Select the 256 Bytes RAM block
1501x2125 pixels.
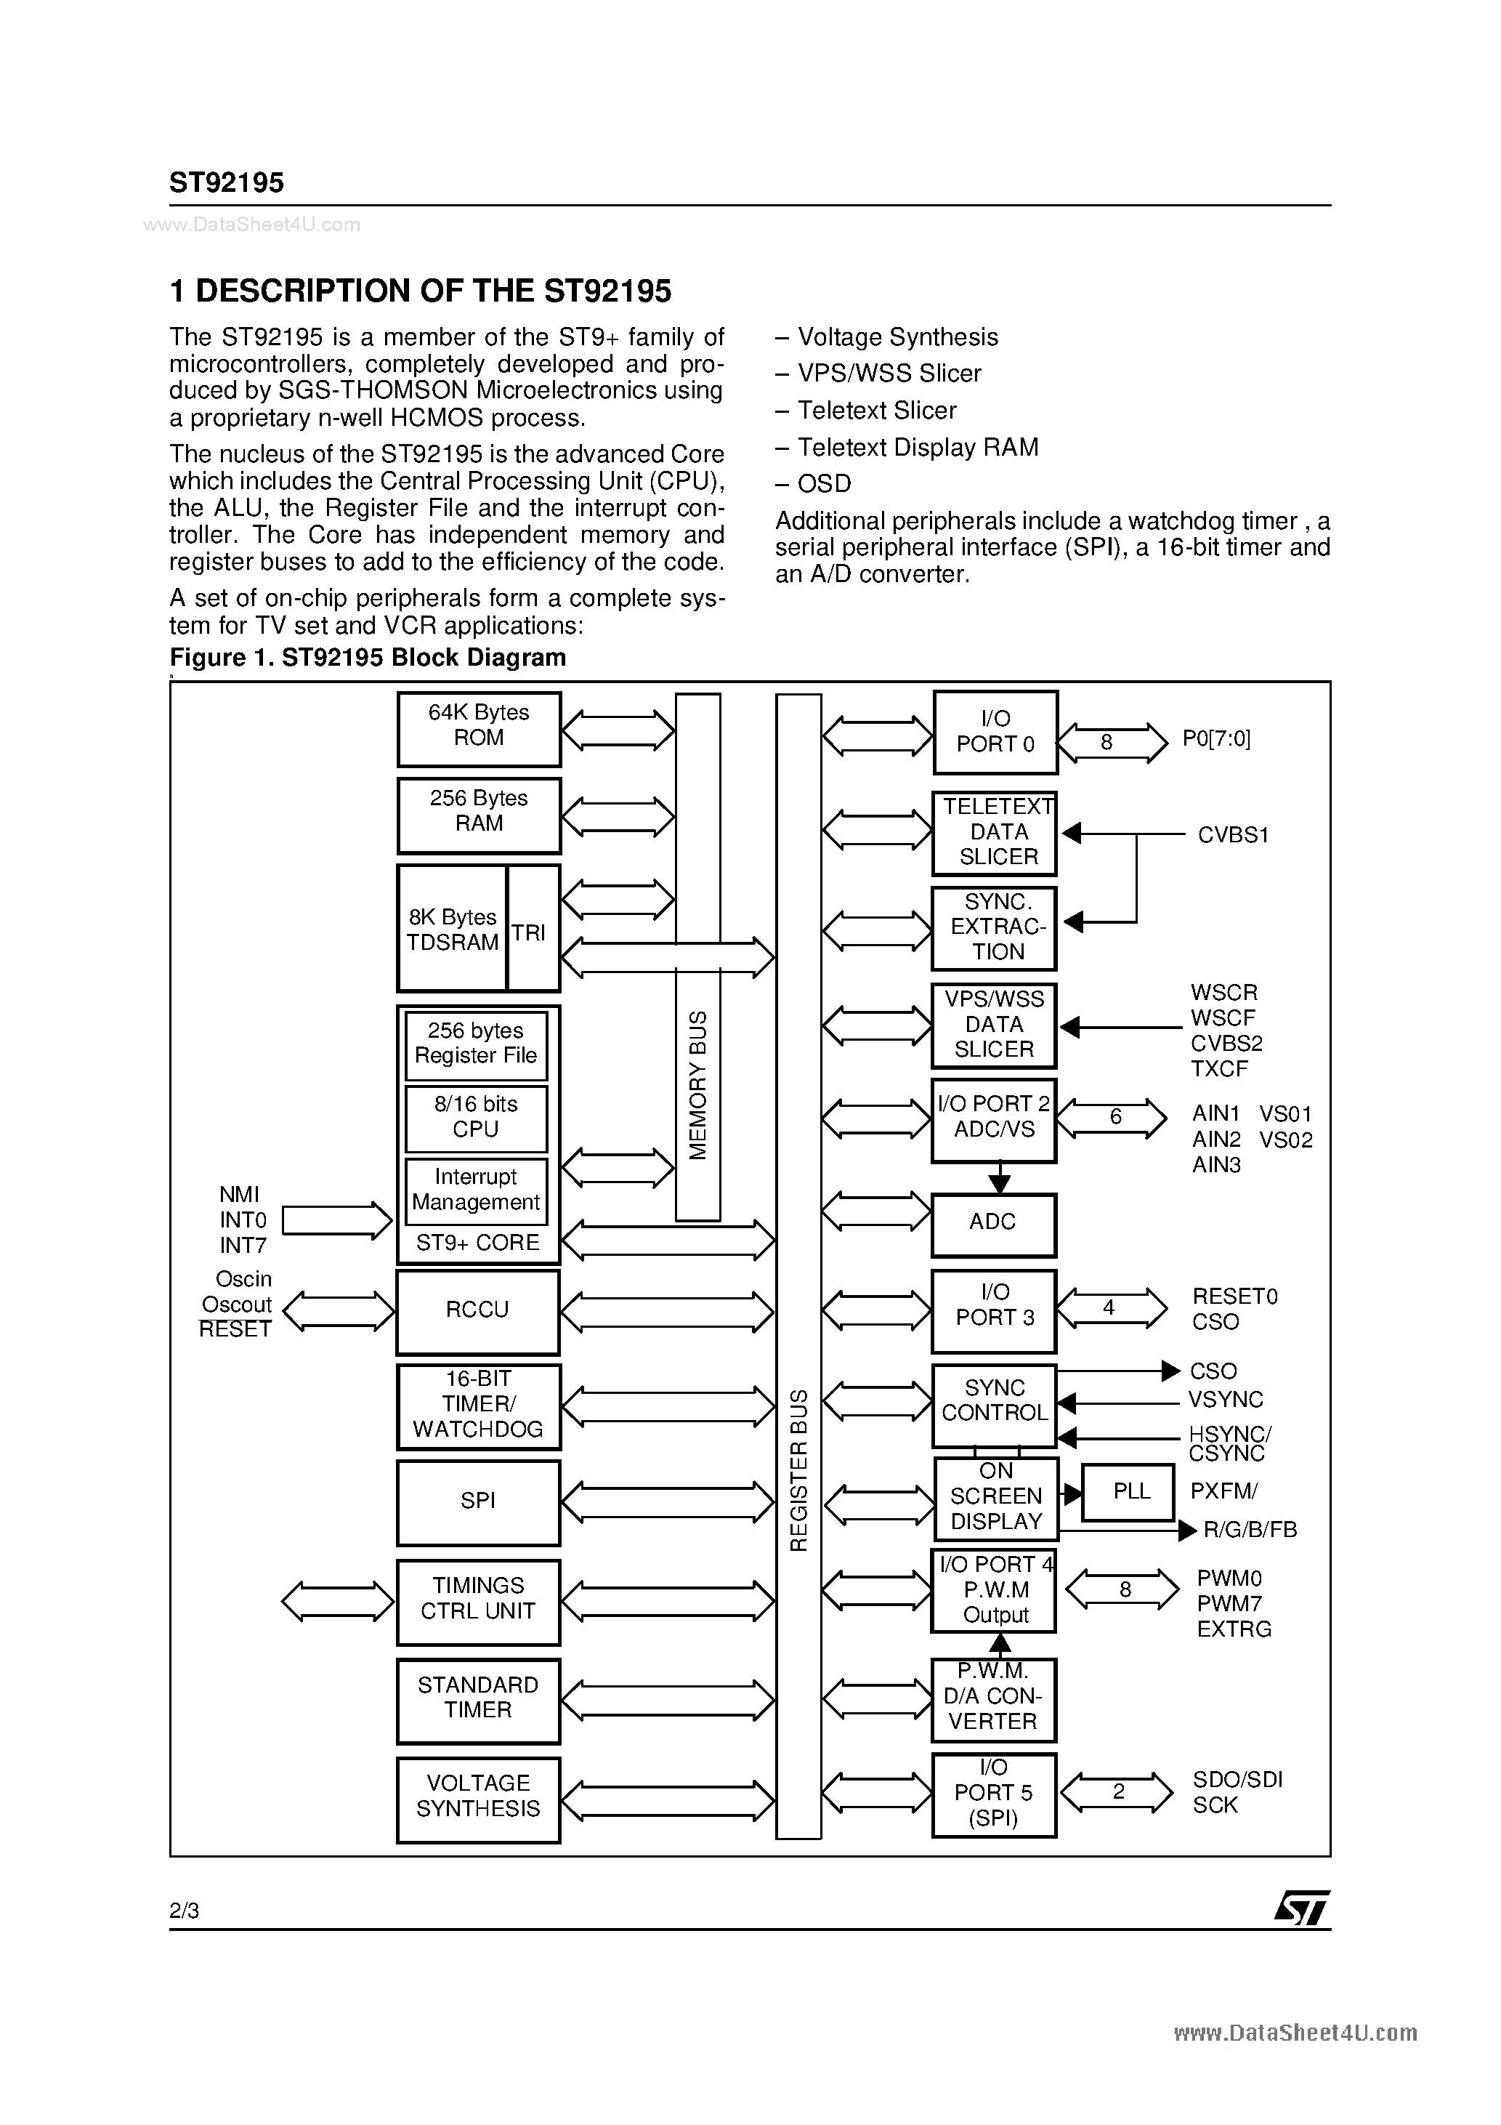click(x=479, y=815)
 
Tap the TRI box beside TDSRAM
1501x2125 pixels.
click(x=533, y=928)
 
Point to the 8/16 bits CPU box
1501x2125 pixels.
click(x=476, y=1118)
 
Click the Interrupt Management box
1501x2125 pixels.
click(x=476, y=1191)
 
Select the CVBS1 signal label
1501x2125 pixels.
click(x=1233, y=836)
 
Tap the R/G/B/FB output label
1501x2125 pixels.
click(x=1250, y=1531)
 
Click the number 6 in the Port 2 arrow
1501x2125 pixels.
click(x=1115, y=1118)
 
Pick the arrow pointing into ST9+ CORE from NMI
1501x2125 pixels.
click(x=337, y=1221)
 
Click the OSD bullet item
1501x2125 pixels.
click(x=822, y=484)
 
